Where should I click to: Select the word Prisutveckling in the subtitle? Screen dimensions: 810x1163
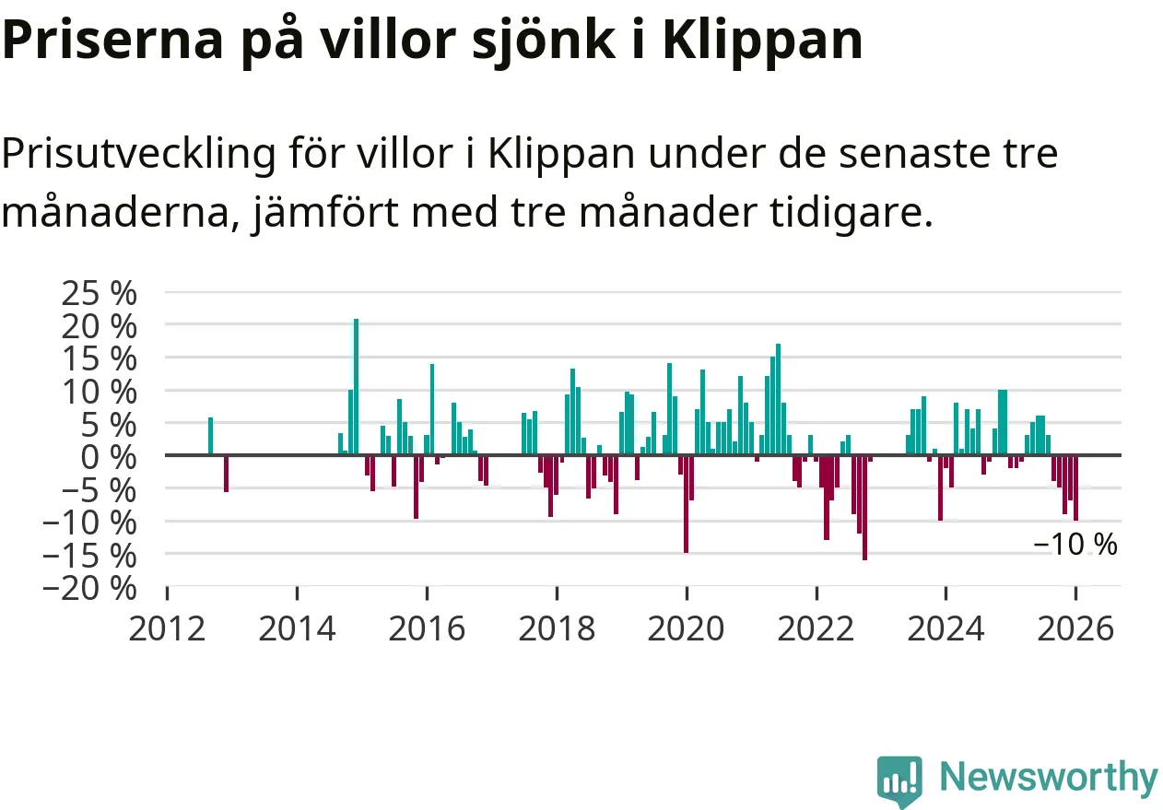tap(137, 154)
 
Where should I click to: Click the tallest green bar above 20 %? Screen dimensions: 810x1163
tap(356, 387)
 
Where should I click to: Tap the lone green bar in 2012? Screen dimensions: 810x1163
tap(210, 436)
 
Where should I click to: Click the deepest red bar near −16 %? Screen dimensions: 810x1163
tap(864, 507)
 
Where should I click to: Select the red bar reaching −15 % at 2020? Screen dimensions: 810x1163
tap(686, 503)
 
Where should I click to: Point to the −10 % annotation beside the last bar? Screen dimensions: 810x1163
tap(1075, 545)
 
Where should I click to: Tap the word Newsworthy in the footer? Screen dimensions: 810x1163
tap(1048, 778)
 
